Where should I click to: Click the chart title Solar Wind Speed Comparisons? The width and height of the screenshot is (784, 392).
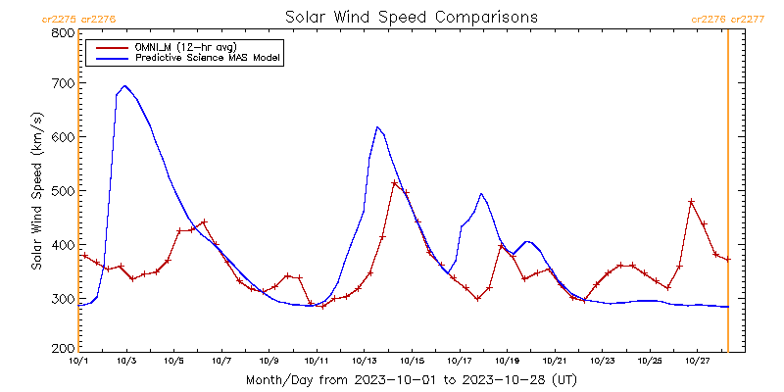[x=411, y=18]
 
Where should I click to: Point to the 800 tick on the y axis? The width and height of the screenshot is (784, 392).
[x=61, y=32]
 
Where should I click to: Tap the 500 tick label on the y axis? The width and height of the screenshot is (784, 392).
[x=61, y=191]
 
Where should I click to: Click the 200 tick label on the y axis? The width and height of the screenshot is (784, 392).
[x=61, y=349]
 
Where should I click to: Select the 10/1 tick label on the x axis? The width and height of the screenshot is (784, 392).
[x=78, y=361]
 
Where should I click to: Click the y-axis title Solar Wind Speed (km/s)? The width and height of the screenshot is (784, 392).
[x=36, y=191]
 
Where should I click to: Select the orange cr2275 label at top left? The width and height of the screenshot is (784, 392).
[x=60, y=19]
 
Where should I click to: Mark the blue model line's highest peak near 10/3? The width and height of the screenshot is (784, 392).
[x=125, y=86]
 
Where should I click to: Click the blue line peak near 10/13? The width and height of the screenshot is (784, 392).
[x=377, y=127]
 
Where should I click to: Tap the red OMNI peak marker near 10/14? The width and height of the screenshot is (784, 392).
[x=395, y=183]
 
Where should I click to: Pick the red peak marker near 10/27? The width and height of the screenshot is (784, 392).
[x=692, y=202]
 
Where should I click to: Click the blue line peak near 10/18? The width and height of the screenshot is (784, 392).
[x=481, y=194]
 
